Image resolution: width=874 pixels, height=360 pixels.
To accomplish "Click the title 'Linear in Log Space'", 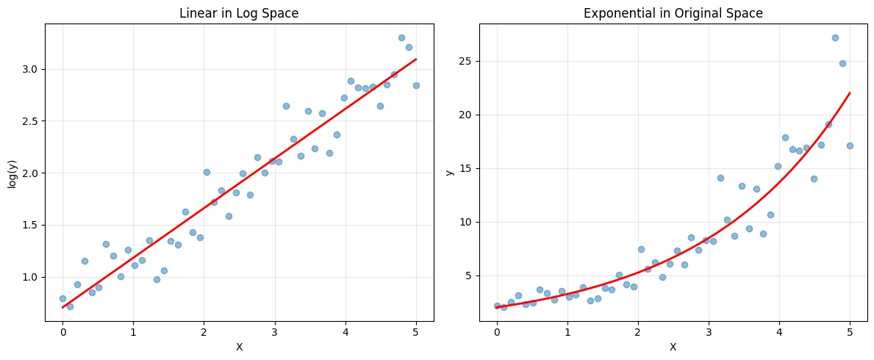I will tap(239, 13).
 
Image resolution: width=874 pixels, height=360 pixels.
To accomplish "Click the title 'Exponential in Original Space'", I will tap(673, 13).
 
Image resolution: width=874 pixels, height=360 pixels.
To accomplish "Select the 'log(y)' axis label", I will tap(12, 173).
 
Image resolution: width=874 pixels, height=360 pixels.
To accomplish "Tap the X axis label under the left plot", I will tap(239, 347).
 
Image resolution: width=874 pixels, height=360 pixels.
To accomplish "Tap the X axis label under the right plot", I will tap(673, 347).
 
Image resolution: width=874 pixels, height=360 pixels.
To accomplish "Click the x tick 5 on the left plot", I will tap(416, 333).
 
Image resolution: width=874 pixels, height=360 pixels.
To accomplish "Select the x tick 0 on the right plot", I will tap(497, 333).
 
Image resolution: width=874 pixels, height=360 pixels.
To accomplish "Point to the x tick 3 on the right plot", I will tap(709, 333).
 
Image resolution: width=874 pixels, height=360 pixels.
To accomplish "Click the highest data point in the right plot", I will tap(835, 37).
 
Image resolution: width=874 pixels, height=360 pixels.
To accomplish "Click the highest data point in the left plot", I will tap(401, 37).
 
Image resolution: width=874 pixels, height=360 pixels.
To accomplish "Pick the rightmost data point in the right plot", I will tap(850, 145).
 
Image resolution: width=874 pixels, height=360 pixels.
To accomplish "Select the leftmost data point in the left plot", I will tap(62, 298).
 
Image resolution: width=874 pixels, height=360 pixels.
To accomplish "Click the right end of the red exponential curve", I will tap(850, 93).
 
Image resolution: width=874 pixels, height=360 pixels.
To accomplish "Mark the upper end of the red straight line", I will tap(416, 59).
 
